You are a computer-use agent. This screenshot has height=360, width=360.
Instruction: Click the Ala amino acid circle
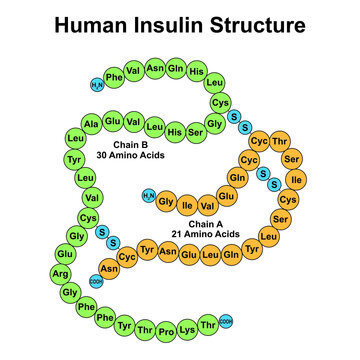[91, 124]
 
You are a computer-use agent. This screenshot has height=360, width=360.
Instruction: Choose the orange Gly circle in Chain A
[167, 202]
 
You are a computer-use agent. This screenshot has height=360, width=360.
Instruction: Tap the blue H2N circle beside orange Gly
[149, 195]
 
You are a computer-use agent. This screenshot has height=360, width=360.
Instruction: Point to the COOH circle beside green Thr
[226, 320]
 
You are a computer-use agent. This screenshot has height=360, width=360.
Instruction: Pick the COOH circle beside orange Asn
[96, 281]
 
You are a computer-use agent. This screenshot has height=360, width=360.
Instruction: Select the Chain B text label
[134, 146]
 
